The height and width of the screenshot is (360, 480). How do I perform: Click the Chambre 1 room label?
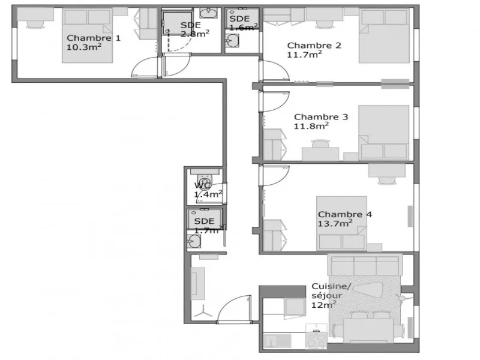[94, 38]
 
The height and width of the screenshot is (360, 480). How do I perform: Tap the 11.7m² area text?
[304, 55]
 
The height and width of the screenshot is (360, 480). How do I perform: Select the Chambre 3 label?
[321, 117]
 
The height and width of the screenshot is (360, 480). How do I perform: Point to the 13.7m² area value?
[335, 223]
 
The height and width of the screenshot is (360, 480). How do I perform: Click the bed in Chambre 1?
[87, 35]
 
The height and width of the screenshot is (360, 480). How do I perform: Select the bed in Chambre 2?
[384, 36]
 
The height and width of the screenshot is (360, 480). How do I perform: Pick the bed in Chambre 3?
[384, 133]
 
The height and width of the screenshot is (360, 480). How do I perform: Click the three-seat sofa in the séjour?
[365, 264]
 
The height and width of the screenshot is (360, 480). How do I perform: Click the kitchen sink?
[278, 341]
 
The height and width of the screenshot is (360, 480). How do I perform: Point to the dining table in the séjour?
[368, 331]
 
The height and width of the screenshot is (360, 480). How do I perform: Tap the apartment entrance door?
[234, 309]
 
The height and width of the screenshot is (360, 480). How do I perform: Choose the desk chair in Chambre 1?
[35, 25]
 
